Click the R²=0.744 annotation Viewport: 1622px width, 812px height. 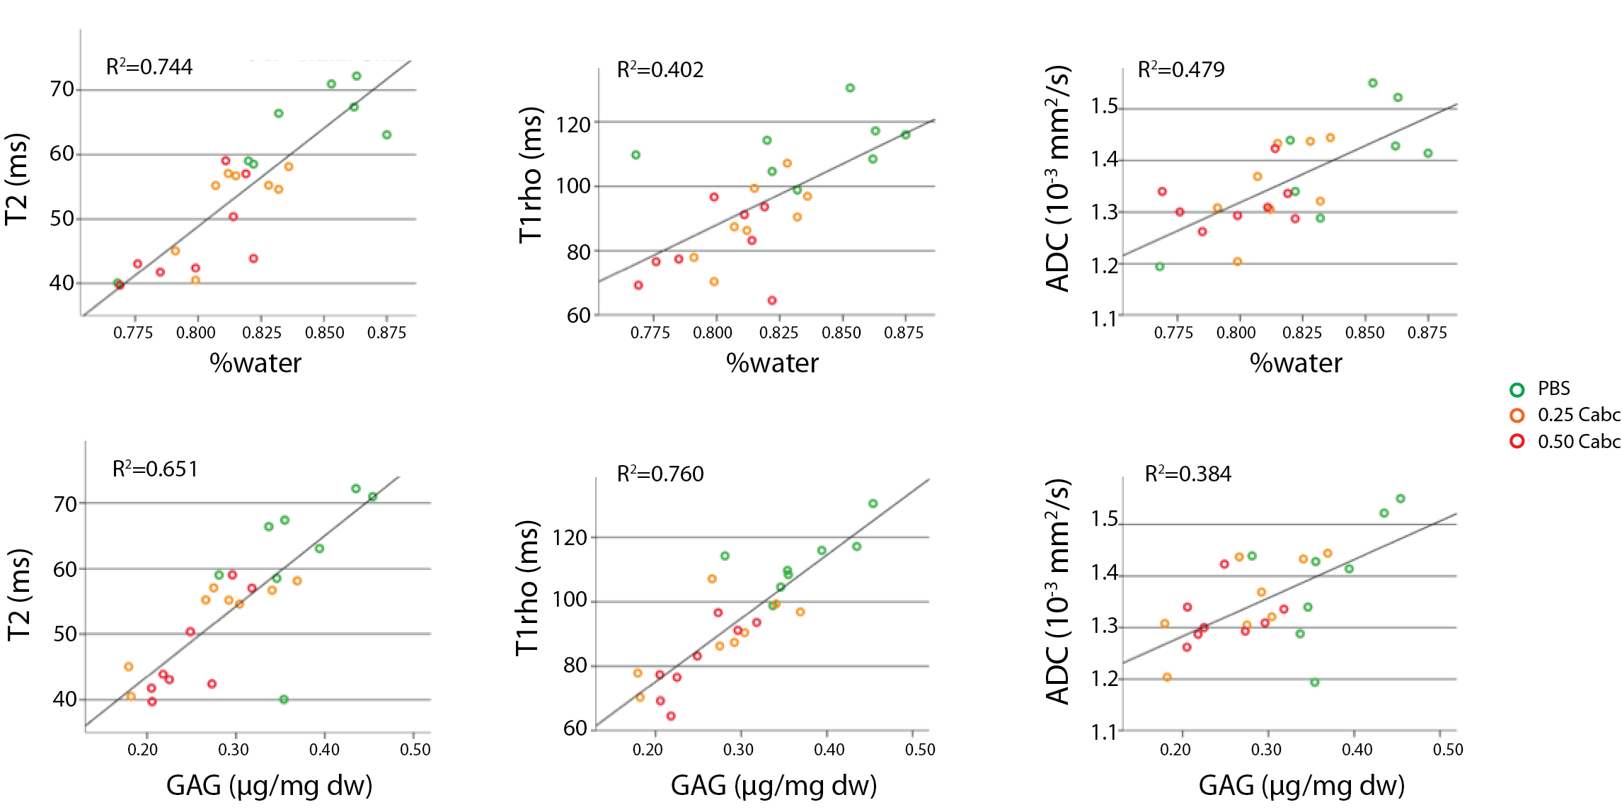(x=149, y=67)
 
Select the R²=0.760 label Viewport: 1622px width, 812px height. (x=660, y=474)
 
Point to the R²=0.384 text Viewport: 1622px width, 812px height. (x=1187, y=474)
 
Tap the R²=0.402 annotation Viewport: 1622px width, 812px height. (x=660, y=70)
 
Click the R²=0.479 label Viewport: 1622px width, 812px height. (x=1180, y=69)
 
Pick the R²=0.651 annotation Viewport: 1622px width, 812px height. (x=155, y=469)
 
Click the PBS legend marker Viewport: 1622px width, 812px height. (x=1517, y=389)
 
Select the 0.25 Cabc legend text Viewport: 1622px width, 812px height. (x=1578, y=415)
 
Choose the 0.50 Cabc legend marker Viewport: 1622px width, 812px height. (x=1517, y=442)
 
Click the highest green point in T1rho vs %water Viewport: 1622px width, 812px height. (x=850, y=88)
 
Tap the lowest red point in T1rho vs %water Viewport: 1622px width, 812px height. (x=772, y=300)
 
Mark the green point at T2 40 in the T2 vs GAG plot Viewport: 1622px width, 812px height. (x=284, y=699)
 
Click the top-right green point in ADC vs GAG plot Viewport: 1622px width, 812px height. (x=1400, y=498)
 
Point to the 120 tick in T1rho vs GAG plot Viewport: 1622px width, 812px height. (x=570, y=538)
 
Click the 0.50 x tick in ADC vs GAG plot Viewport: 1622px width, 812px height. (x=1448, y=750)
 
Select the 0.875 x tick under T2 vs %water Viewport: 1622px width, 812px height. (x=386, y=333)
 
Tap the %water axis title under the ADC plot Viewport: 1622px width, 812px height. (x=1295, y=363)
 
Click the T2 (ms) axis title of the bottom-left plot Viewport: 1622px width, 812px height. (x=19, y=595)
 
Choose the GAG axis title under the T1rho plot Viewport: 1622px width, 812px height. (x=773, y=786)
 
